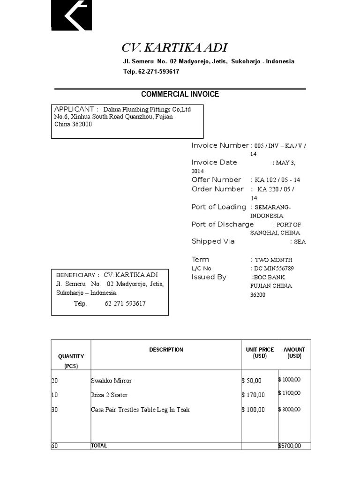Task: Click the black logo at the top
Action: tap(71, 15)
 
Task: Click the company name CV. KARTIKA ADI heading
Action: tap(174, 48)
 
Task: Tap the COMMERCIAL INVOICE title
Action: tap(180, 94)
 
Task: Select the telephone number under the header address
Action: tap(151, 72)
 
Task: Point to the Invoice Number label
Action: tap(220, 145)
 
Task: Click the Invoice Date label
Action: tap(214, 162)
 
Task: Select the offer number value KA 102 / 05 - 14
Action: tap(277, 180)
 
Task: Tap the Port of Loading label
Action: tap(218, 207)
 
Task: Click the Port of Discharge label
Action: tap(222, 224)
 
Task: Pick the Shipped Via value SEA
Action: tap(300, 242)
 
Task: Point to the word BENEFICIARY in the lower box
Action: tap(75, 275)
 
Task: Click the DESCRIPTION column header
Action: tap(166, 350)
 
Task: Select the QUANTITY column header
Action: tap(71, 357)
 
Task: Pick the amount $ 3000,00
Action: tap(290, 410)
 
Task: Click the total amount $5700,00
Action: tap(290, 446)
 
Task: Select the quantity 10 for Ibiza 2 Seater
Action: tap(54, 395)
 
